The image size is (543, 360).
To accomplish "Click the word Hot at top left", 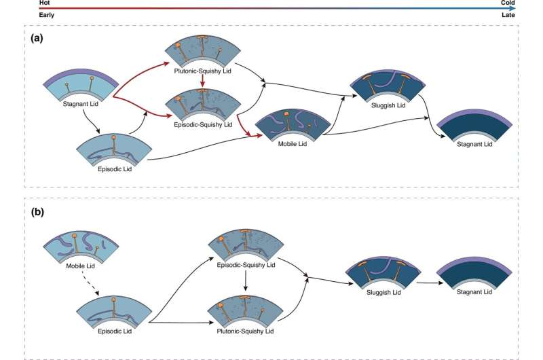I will tap(45, 3).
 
